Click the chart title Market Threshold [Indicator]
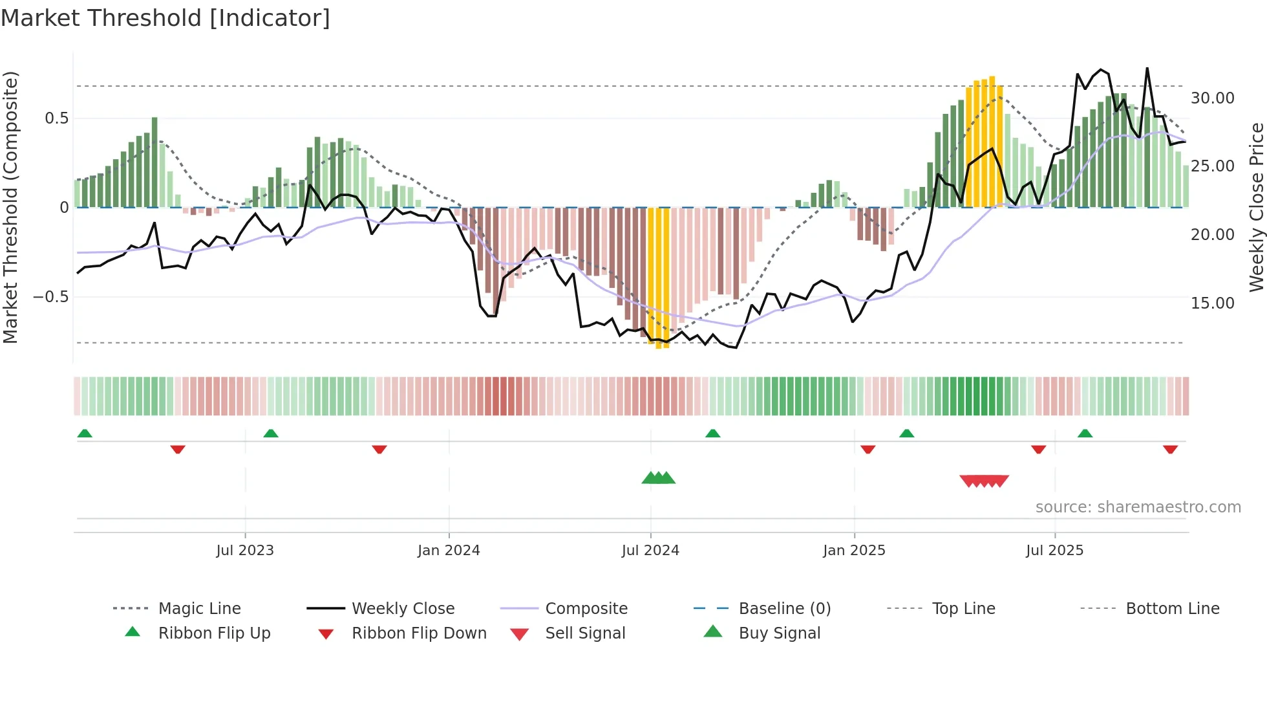pyautogui.click(x=165, y=18)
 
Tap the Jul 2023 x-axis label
pyautogui.click(x=245, y=551)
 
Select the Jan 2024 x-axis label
pyautogui.click(x=449, y=551)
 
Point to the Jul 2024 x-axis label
pyautogui.click(x=650, y=551)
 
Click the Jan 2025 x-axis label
pyautogui.click(x=854, y=551)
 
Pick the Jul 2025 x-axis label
pyautogui.click(x=1054, y=551)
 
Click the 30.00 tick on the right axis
pyautogui.click(x=1212, y=98)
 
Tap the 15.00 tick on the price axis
pyautogui.click(x=1212, y=303)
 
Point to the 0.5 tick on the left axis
pyautogui.click(x=56, y=118)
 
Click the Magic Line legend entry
pyautogui.click(x=199, y=609)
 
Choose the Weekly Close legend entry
pyautogui.click(x=403, y=609)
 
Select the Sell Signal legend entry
pyautogui.click(x=585, y=633)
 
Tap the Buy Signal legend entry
pyautogui.click(x=779, y=633)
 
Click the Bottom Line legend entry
pyautogui.click(x=1172, y=609)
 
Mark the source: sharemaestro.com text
pyautogui.click(x=1138, y=507)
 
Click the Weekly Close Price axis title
pyautogui.click(x=1256, y=207)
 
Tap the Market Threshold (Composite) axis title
pyautogui.click(x=10, y=207)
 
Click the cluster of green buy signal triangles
pyautogui.click(x=658, y=478)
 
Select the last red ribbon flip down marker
pyautogui.click(x=1170, y=449)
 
